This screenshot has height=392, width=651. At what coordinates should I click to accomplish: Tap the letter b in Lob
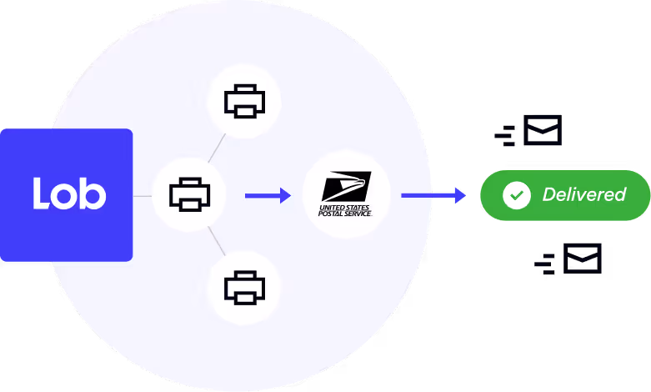tap(93, 193)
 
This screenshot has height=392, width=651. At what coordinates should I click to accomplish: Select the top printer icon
tap(244, 102)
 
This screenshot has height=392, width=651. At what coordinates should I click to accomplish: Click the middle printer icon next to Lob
tap(189, 195)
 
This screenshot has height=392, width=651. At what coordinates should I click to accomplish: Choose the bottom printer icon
tap(244, 288)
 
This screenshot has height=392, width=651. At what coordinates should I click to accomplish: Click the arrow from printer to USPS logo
tap(267, 195)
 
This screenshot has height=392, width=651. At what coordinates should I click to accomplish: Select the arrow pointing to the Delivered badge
tap(433, 195)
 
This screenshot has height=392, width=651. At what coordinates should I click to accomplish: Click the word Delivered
tap(583, 195)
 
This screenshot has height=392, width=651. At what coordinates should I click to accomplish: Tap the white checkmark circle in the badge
tap(517, 195)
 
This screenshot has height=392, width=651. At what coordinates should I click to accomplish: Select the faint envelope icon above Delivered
tap(542, 132)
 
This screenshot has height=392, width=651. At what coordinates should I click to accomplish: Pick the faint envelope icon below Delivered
tap(582, 259)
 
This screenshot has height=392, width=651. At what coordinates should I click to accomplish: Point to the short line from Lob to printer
tap(143, 196)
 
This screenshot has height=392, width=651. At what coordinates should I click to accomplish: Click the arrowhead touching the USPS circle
tap(285, 195)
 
